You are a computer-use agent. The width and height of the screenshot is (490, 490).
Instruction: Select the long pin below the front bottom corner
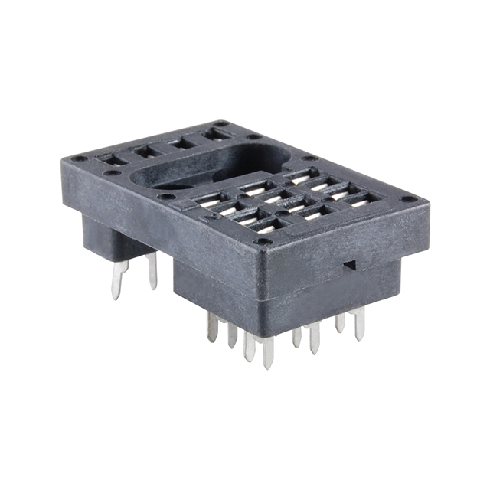pos(268,352)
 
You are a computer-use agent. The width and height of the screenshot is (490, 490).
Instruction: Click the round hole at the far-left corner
pos(79,159)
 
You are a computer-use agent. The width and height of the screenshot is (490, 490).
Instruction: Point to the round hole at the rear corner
pos(221,123)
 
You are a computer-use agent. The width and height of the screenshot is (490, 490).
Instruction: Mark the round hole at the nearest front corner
pos(263,242)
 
